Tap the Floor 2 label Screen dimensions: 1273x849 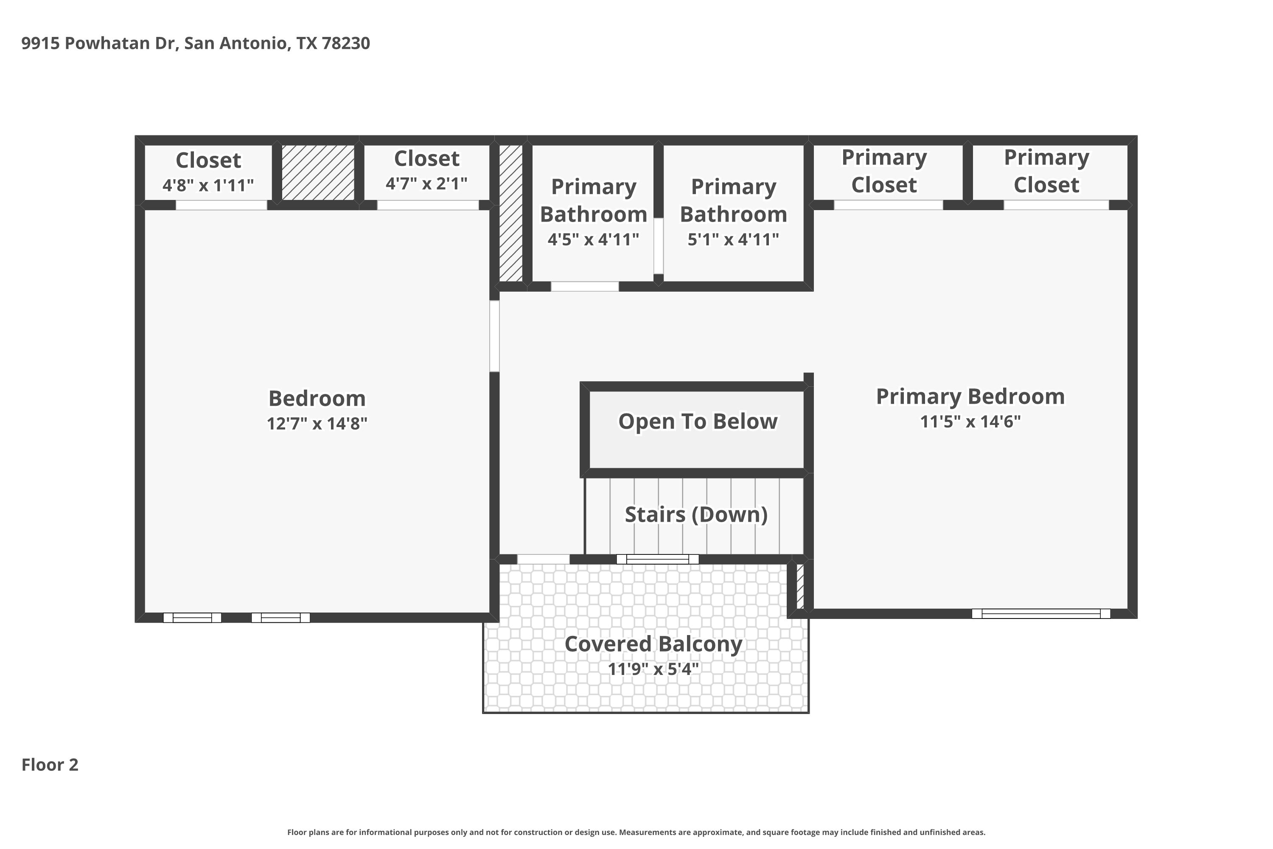tap(50, 765)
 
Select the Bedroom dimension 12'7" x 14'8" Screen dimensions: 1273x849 tap(317, 423)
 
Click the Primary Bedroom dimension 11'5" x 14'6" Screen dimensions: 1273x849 tap(970, 421)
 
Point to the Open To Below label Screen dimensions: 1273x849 tap(698, 421)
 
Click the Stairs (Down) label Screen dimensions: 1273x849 tap(696, 514)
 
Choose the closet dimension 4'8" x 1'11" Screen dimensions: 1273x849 tap(208, 185)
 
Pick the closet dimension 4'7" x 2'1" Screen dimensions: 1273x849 tap(426, 183)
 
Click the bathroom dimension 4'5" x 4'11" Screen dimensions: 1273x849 tap(593, 239)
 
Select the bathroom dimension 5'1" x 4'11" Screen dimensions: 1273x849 tap(733, 239)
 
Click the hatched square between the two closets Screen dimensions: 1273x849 tap(318, 172)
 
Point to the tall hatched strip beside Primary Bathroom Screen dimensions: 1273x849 tap(510, 213)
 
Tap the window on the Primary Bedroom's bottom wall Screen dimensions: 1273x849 tap(1041, 613)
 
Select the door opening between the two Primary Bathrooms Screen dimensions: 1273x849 tap(658, 246)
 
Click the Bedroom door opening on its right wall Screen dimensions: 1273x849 tap(494, 336)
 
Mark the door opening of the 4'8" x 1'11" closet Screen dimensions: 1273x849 tap(222, 205)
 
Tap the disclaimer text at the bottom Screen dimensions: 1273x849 tap(636, 832)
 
